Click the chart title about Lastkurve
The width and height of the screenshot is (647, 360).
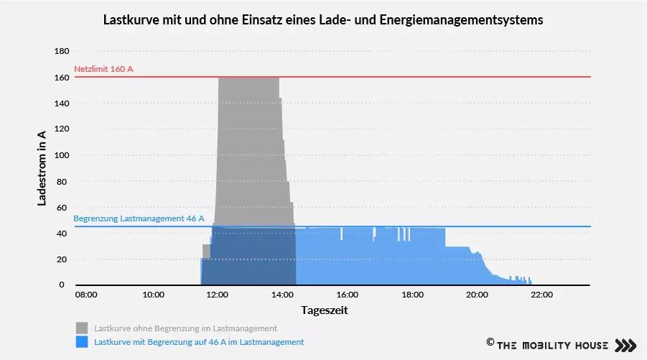pos(323,21)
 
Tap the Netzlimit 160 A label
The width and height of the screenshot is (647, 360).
pos(104,69)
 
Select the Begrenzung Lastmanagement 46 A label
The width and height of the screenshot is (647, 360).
pos(139,218)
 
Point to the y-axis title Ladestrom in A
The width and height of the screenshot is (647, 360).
pos(42,169)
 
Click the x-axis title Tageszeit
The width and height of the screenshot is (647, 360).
pos(324,310)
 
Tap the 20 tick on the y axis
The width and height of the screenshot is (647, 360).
pos(62,259)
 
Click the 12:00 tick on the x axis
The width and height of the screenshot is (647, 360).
pos(218,295)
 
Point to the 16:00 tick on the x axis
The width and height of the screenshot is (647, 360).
pos(347,295)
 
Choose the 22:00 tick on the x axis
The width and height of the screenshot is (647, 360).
pos(541,295)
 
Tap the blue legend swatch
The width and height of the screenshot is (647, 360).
pos(82,342)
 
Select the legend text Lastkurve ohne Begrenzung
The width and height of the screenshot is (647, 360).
pos(185,328)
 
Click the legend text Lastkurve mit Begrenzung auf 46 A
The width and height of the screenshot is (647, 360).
pos(199,342)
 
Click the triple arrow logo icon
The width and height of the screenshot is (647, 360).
pos(626,345)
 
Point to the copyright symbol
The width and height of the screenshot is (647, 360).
pos(490,343)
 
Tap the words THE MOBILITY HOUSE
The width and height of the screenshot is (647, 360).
pos(552,345)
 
